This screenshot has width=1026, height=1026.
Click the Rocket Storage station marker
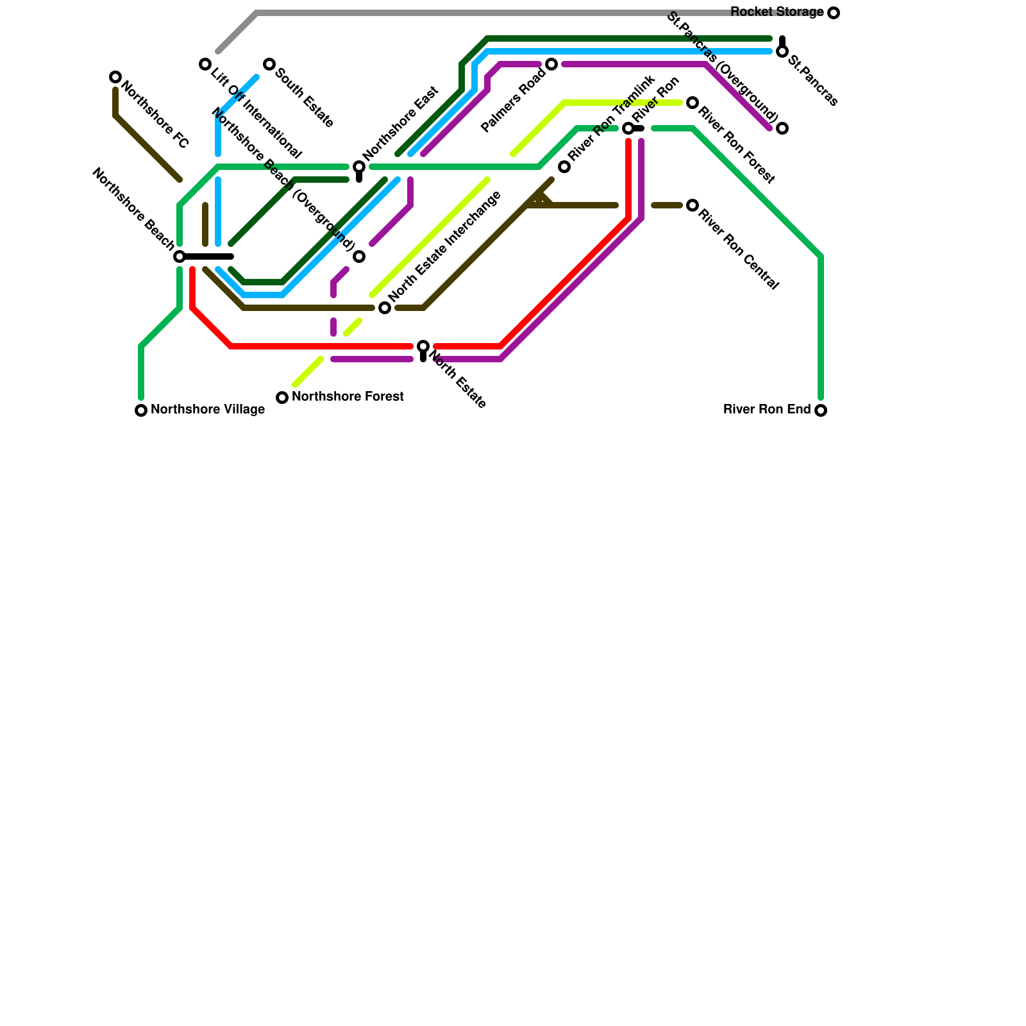point(833,13)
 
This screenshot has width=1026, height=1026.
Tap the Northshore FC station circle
point(115,77)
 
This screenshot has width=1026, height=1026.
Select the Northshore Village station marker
point(141,410)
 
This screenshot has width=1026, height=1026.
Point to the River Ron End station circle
point(821,410)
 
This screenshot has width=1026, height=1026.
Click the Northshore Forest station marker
point(282,398)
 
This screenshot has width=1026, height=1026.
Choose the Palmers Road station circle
point(551,64)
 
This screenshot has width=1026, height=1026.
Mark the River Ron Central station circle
point(693,205)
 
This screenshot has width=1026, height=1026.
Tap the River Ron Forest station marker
point(693,103)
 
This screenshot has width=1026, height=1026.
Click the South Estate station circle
point(269,64)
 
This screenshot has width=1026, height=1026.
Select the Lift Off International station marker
point(205,64)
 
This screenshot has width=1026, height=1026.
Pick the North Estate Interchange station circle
point(385,308)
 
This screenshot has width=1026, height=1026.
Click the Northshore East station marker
point(359,167)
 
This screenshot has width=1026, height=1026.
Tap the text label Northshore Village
point(208,410)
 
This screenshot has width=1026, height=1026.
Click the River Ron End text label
point(767,410)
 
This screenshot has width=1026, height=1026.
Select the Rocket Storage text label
point(777,12)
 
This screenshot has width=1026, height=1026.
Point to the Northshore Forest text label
point(348,397)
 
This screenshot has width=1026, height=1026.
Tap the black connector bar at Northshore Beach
point(208,256)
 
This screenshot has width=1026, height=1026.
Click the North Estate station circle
point(423,346)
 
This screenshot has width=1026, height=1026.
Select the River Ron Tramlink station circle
point(564,167)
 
